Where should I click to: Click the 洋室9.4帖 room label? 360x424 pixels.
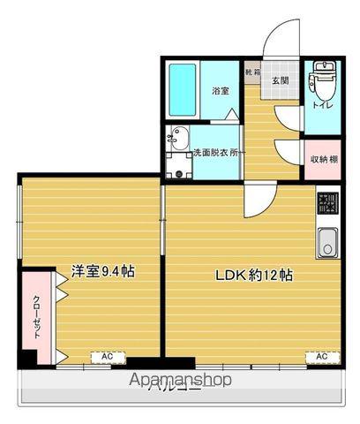[102, 271]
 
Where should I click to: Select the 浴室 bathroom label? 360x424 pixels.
[221, 91]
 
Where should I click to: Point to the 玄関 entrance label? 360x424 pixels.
[281, 80]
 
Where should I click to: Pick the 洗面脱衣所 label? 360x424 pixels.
[217, 151]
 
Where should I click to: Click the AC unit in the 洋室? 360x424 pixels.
[107, 357]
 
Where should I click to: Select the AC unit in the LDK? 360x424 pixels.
[322, 357]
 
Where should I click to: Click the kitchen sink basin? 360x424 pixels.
[326, 241]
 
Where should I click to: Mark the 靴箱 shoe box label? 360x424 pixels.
[252, 70]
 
